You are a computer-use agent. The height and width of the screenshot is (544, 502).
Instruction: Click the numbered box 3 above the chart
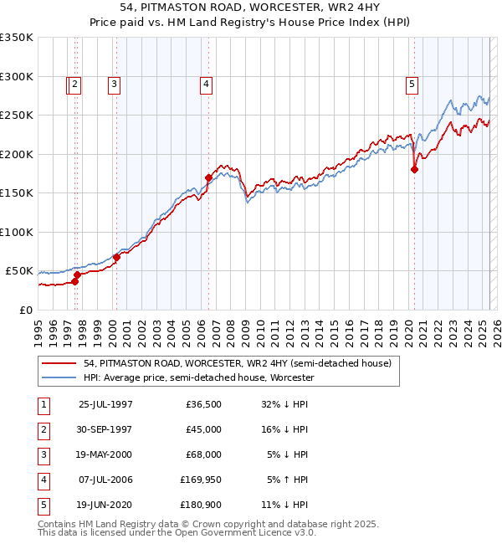coord(113,83)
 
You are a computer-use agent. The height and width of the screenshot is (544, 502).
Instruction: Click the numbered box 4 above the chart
coord(205,83)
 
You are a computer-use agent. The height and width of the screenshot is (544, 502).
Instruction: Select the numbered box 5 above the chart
coord(412,83)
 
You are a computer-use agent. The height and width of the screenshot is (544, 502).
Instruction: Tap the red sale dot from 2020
coord(414,169)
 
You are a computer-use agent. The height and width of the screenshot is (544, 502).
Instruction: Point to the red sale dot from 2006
coord(208,177)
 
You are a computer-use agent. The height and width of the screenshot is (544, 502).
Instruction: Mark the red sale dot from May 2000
coord(117,257)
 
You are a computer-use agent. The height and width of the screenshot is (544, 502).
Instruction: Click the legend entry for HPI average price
coord(197,377)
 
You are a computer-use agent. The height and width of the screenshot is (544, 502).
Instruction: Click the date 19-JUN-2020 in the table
coord(105,504)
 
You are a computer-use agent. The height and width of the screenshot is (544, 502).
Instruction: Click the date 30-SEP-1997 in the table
coord(105,429)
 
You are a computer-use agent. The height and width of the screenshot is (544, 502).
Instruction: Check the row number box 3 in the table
coord(43,454)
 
